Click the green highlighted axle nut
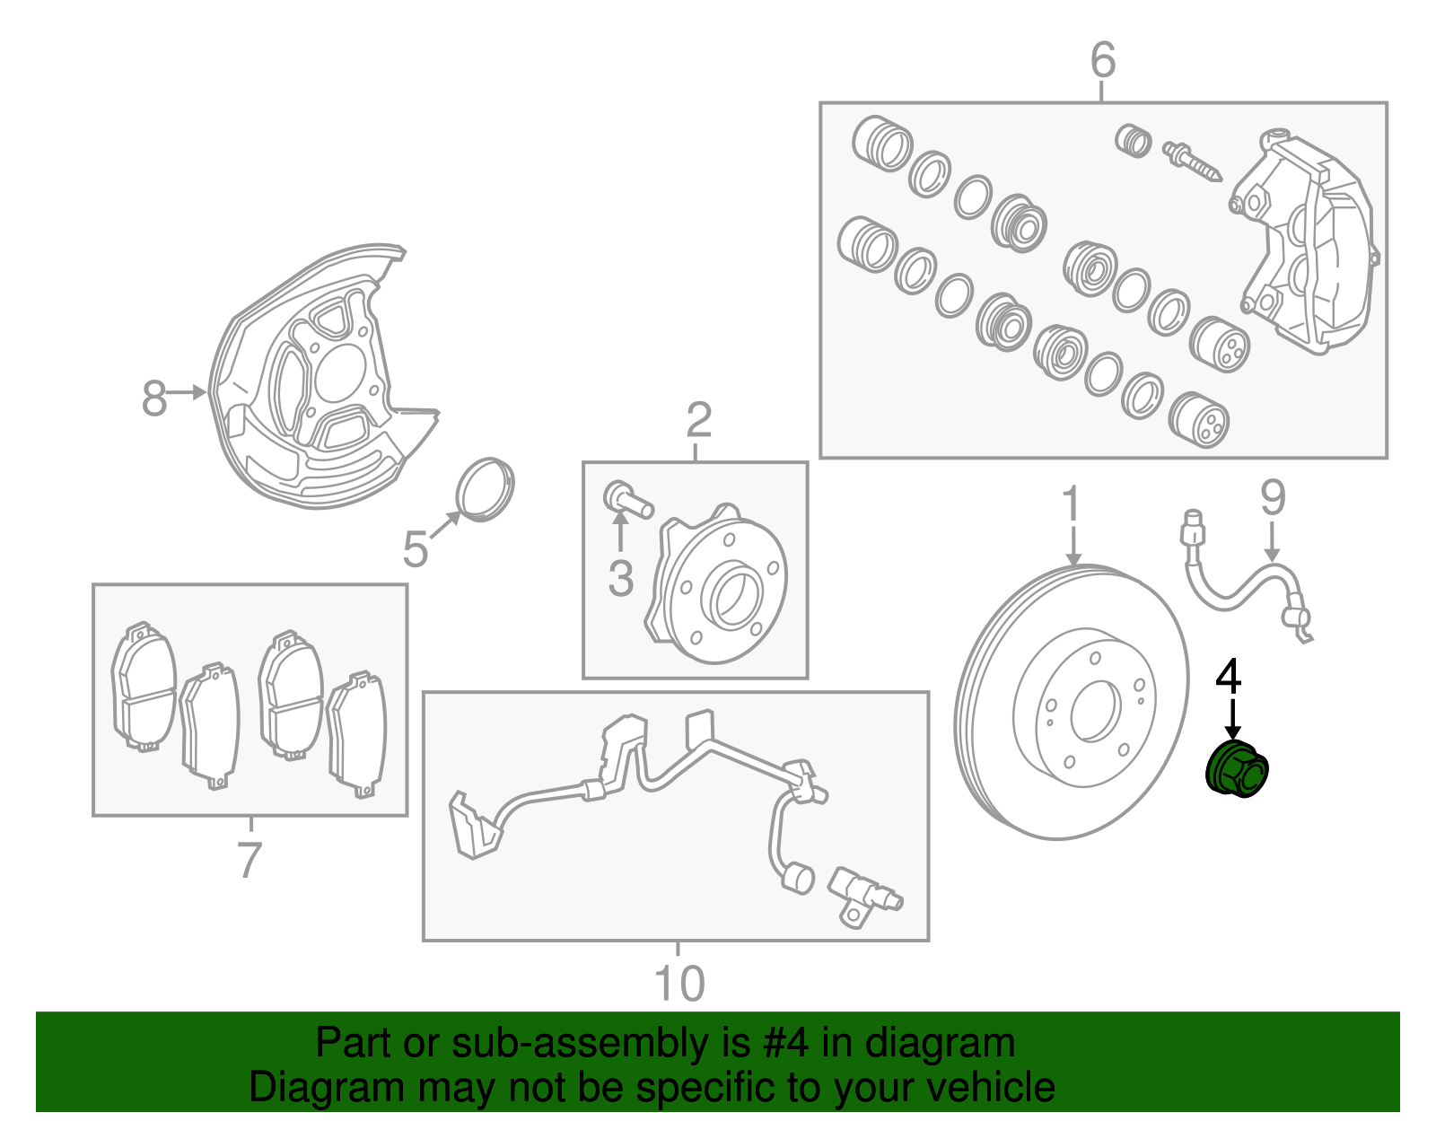1236,770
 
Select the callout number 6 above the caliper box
1103,60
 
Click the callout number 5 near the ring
415,548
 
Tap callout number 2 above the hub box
698,420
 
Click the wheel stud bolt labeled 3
627,498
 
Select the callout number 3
621,579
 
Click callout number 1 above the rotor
1073,505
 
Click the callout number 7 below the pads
249,859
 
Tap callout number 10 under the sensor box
679,984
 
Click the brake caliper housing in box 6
1306,242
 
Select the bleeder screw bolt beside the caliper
1192,162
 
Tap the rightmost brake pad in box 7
358,735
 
